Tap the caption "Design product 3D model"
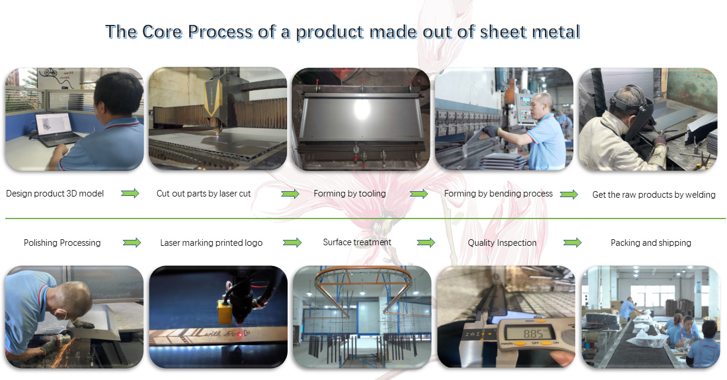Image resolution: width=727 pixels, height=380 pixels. coord(55,194)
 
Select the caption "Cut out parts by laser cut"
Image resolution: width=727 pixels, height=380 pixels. coord(203,194)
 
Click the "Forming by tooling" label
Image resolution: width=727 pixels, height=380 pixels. coord(349,194)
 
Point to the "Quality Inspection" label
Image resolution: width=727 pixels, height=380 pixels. coord(502,243)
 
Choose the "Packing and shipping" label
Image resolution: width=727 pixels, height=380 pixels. coord(651,243)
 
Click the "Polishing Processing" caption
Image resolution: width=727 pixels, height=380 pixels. coord(62,243)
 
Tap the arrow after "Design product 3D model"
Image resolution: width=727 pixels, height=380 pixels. coord(130,194)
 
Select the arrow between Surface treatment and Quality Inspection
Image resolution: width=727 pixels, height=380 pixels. coord(426,242)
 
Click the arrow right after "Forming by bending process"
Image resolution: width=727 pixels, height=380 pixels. coord(569,194)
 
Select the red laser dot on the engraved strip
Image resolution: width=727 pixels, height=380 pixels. coord(240,334)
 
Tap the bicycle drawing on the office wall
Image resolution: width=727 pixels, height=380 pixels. coord(50,72)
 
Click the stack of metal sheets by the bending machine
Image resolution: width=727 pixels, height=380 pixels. coord(503,161)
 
